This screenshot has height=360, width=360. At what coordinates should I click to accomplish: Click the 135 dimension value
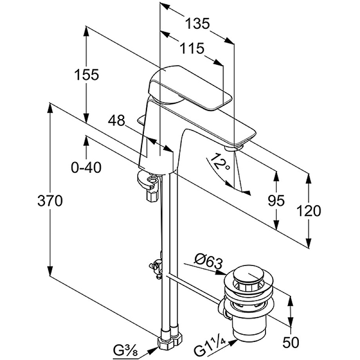point(198,24)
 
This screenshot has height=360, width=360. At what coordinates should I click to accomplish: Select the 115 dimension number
point(192,49)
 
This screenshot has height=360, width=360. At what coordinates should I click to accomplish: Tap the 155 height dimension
point(86,74)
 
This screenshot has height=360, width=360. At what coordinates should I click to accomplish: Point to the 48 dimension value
point(117,120)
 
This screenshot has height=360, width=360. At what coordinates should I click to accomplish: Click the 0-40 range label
point(86,167)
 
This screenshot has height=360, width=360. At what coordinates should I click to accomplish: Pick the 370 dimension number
point(50,201)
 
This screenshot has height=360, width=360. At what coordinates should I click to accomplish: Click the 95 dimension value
point(276,201)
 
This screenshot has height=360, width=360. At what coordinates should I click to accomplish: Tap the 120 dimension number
point(309,211)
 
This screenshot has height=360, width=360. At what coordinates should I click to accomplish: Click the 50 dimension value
point(291,342)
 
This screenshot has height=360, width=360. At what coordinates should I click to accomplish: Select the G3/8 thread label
point(125,350)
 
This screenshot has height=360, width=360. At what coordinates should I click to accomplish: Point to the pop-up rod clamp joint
point(157,268)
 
